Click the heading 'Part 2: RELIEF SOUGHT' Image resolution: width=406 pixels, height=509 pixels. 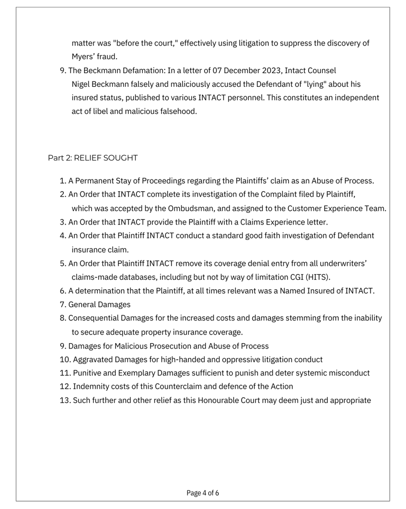pos(93,158)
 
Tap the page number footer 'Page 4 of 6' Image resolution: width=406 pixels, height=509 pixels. pos(202,493)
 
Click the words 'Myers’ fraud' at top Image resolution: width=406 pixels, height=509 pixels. pos(94,56)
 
